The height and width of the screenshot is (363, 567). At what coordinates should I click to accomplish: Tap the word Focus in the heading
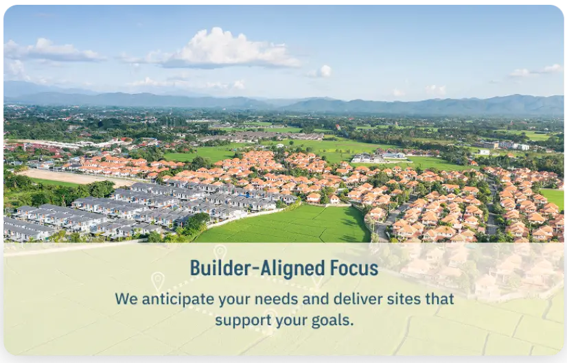coord(354,268)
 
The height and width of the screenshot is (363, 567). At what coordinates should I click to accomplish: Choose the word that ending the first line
coord(439,300)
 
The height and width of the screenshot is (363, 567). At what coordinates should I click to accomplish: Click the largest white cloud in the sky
coord(230,48)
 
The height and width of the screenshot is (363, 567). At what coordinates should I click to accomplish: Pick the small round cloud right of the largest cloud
coord(324,70)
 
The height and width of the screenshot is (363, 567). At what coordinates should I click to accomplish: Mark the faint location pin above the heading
coord(220,252)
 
